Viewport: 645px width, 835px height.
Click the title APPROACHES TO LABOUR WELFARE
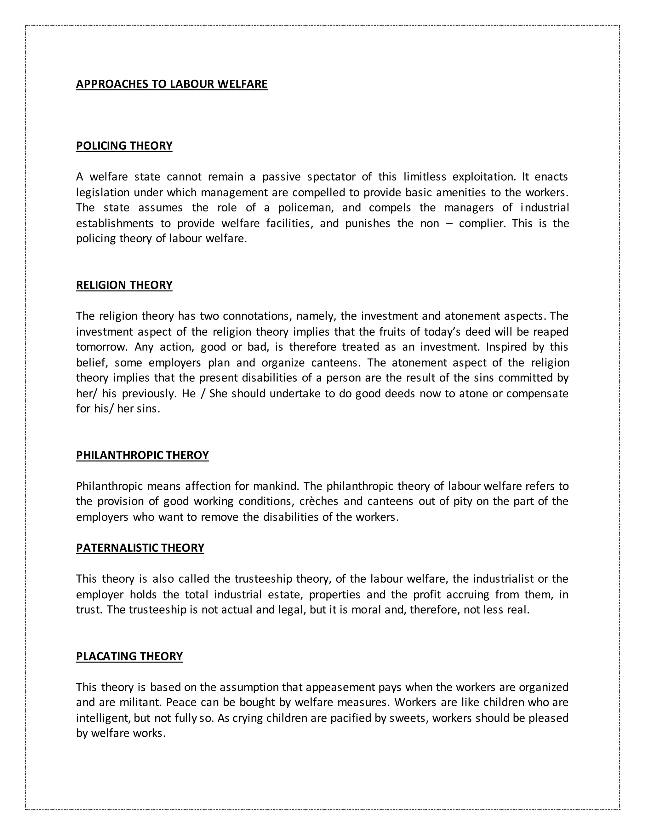(x=172, y=84)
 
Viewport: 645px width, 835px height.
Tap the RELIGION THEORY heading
(x=124, y=285)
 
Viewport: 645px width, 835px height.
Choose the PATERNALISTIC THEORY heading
(x=140, y=548)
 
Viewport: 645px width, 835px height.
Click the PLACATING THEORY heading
(x=129, y=656)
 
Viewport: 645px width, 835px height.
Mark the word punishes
(x=368, y=223)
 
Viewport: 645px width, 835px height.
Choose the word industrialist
(x=503, y=579)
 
